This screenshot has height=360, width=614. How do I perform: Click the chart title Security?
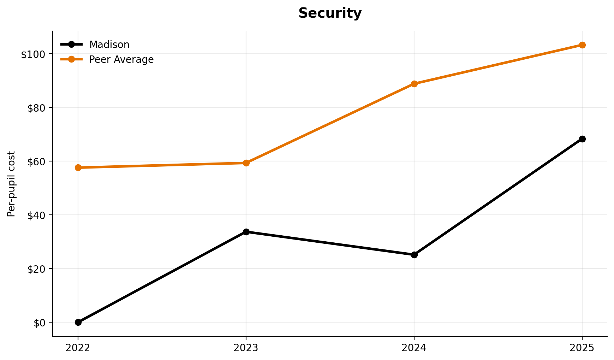(x=330, y=13)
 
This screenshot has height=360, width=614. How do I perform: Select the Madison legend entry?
(x=109, y=45)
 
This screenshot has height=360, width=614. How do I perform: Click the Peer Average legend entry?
(x=121, y=60)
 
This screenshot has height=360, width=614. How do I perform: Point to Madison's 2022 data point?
(x=78, y=322)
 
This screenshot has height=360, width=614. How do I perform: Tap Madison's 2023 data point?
(x=246, y=232)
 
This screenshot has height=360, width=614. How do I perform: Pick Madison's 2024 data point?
(x=414, y=255)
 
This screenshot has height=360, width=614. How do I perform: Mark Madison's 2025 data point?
(x=582, y=139)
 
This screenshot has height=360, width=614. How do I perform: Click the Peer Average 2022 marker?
(x=78, y=167)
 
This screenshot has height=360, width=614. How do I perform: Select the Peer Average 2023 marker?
(x=246, y=163)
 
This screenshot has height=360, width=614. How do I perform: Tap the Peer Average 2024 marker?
(x=414, y=84)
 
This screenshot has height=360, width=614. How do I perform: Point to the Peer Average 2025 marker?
(x=582, y=45)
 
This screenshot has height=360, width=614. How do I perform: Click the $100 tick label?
(x=33, y=54)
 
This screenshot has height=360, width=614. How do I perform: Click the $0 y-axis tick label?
(x=39, y=323)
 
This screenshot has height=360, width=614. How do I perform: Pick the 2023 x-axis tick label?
(x=246, y=348)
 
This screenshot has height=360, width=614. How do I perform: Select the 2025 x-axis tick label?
(x=582, y=348)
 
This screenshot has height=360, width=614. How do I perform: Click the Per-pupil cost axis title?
(x=12, y=184)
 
